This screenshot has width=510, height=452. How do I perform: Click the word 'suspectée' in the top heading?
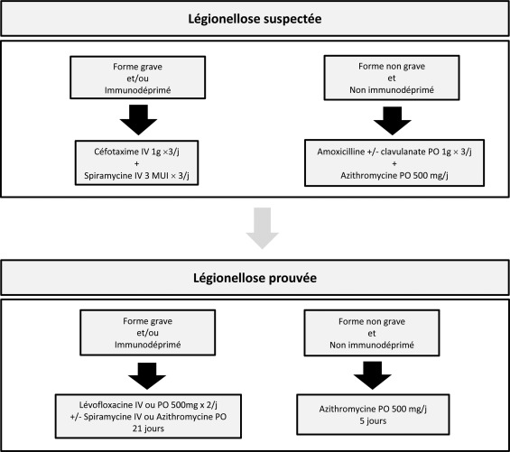coord(292,19)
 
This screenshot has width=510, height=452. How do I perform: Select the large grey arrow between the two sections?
coord(262,228)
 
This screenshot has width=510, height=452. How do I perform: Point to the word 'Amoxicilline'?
coord(341,152)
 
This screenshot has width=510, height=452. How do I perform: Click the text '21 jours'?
coord(148,429)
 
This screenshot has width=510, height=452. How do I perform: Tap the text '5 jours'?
coord(373,420)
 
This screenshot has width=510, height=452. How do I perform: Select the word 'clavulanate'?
coord(401,152)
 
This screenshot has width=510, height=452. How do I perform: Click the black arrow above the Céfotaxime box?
coord(139,120)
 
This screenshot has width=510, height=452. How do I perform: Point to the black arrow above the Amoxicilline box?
coord(393,120)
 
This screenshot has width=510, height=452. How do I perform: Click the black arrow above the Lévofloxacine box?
coord(147,376)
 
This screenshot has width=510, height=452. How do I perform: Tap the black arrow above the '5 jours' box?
coord(373,375)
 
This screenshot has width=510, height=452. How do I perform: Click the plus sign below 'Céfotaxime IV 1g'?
coord(136,163)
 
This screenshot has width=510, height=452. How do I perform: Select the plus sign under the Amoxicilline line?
coord(394,163)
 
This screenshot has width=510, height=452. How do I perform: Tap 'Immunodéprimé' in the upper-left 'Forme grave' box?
coord(137,90)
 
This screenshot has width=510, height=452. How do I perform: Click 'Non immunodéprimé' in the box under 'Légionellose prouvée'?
coord(372,345)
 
